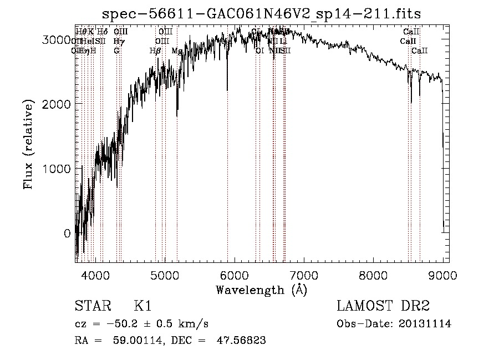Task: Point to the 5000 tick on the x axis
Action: (x=165, y=275)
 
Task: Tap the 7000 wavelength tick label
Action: (x=304, y=275)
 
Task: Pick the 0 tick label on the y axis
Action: (x=68, y=234)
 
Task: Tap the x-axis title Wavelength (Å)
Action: (x=262, y=290)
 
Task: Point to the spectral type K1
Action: (x=142, y=307)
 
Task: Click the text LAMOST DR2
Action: (x=383, y=307)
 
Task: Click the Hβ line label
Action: (x=155, y=50)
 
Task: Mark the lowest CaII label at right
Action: (x=419, y=50)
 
